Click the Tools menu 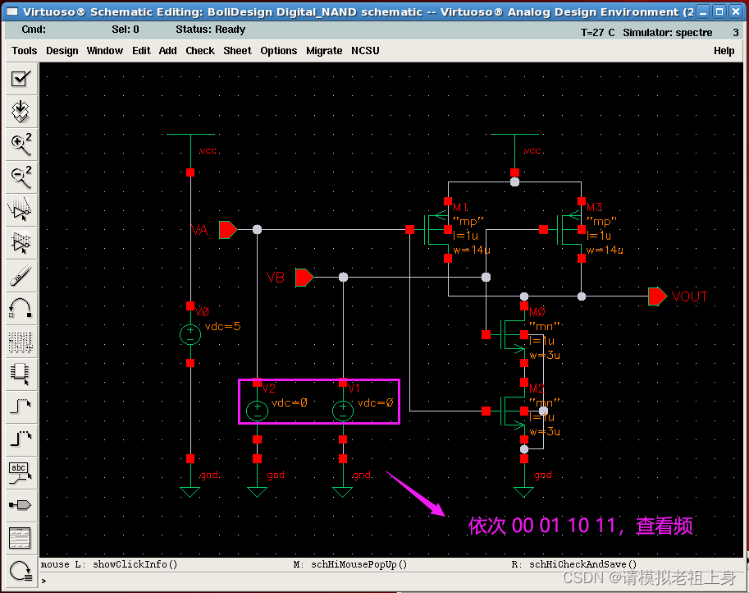pyautogui.click(x=24, y=50)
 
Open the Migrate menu pyautogui.click(x=324, y=50)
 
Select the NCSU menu pyautogui.click(x=365, y=50)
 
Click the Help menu pyautogui.click(x=724, y=50)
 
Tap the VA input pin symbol pyautogui.click(x=227, y=230)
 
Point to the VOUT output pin pyautogui.click(x=657, y=296)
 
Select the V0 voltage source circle pyautogui.click(x=190, y=333)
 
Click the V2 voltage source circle pyautogui.click(x=258, y=410)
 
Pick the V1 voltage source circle pyautogui.click(x=343, y=410)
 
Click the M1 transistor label pyautogui.click(x=459, y=207)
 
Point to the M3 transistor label pyautogui.click(x=595, y=207)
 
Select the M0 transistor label pyautogui.click(x=537, y=312)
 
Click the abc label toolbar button pyautogui.click(x=20, y=471)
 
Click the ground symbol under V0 pyautogui.click(x=190, y=491)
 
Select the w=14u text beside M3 pyautogui.click(x=605, y=250)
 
